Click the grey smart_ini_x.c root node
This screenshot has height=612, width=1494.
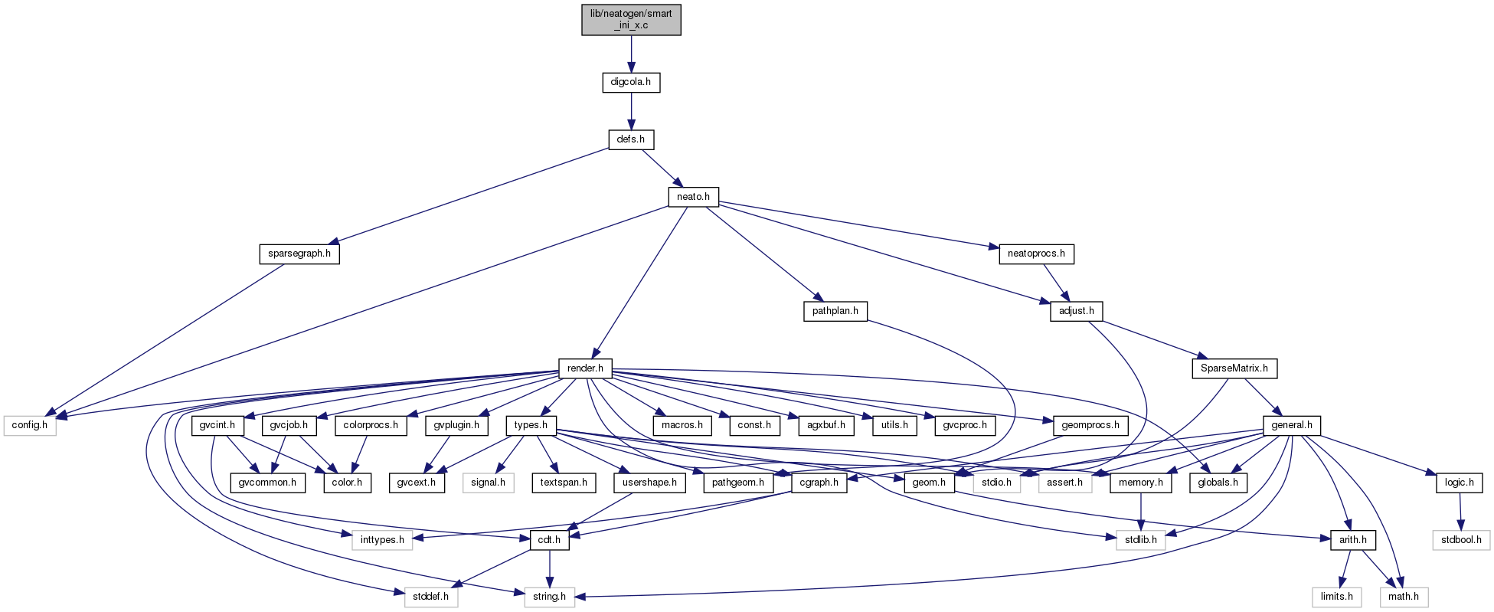(x=631, y=19)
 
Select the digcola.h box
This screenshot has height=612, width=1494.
(x=631, y=82)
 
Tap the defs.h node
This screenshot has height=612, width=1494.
(x=631, y=140)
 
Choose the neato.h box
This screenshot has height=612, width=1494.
(x=693, y=197)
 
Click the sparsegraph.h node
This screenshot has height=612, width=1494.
(x=299, y=254)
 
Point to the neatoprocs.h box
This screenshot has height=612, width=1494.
(x=1036, y=254)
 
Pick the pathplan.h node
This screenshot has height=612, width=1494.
(x=835, y=311)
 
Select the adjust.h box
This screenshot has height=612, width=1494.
(x=1076, y=311)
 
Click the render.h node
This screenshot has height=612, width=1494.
(x=586, y=368)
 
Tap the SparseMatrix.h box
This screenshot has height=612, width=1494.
(x=1234, y=368)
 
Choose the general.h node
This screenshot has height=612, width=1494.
(x=1292, y=425)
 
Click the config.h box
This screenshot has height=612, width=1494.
(x=30, y=425)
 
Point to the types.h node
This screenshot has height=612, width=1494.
(x=531, y=425)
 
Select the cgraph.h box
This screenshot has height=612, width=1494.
(x=819, y=483)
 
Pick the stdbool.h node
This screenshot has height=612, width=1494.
(x=1461, y=540)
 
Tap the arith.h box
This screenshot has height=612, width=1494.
(x=1353, y=540)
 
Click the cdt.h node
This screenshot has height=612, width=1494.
(x=549, y=540)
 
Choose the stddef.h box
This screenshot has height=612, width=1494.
(x=430, y=597)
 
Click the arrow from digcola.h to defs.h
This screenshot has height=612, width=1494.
(x=631, y=111)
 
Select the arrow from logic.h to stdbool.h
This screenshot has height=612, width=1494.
(x=1460, y=512)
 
